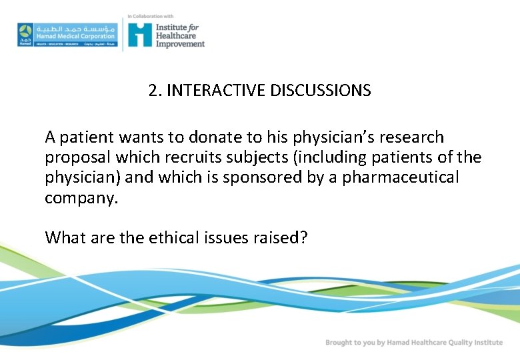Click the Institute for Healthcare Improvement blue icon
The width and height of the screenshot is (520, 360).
[140, 34]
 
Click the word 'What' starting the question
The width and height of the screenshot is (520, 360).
[64, 237]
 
